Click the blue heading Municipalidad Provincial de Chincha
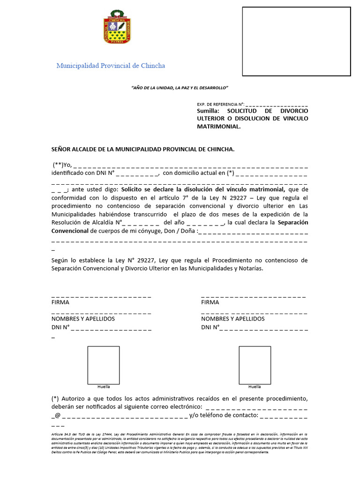point(111,66)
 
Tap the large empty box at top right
point(296,41)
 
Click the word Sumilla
point(208,111)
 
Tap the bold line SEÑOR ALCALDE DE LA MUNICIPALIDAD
point(142,149)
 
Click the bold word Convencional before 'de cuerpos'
point(70,231)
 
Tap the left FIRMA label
point(60,302)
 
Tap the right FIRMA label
point(210,302)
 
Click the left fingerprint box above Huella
point(104,365)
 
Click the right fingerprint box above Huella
point(255,365)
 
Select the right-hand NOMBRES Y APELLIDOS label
point(232,319)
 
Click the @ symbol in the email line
point(58,415)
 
